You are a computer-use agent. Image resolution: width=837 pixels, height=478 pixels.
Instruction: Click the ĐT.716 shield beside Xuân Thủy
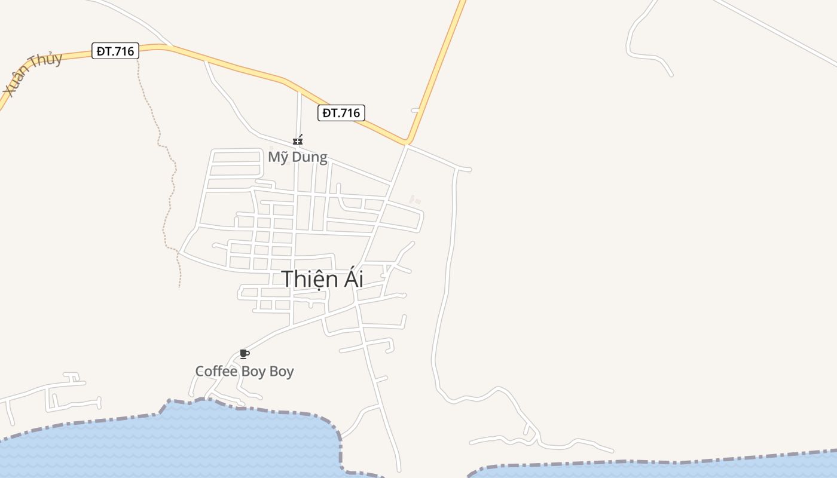pos(115,51)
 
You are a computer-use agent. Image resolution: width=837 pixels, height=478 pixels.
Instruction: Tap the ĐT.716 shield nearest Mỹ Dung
pos(341,113)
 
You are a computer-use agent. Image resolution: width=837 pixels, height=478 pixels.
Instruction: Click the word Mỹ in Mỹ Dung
pos(277,157)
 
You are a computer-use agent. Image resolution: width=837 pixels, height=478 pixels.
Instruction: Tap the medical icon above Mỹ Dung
pos(298,140)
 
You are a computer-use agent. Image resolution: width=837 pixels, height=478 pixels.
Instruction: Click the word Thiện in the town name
pos(305,279)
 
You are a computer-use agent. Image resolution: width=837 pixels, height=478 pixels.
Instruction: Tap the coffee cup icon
pos(243,354)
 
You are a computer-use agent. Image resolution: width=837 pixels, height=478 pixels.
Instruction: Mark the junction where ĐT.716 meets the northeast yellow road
pos(407,142)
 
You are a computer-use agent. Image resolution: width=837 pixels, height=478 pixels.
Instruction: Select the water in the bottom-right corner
pos(717,469)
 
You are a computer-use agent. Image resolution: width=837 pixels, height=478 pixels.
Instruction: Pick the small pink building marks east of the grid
pos(414,200)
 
